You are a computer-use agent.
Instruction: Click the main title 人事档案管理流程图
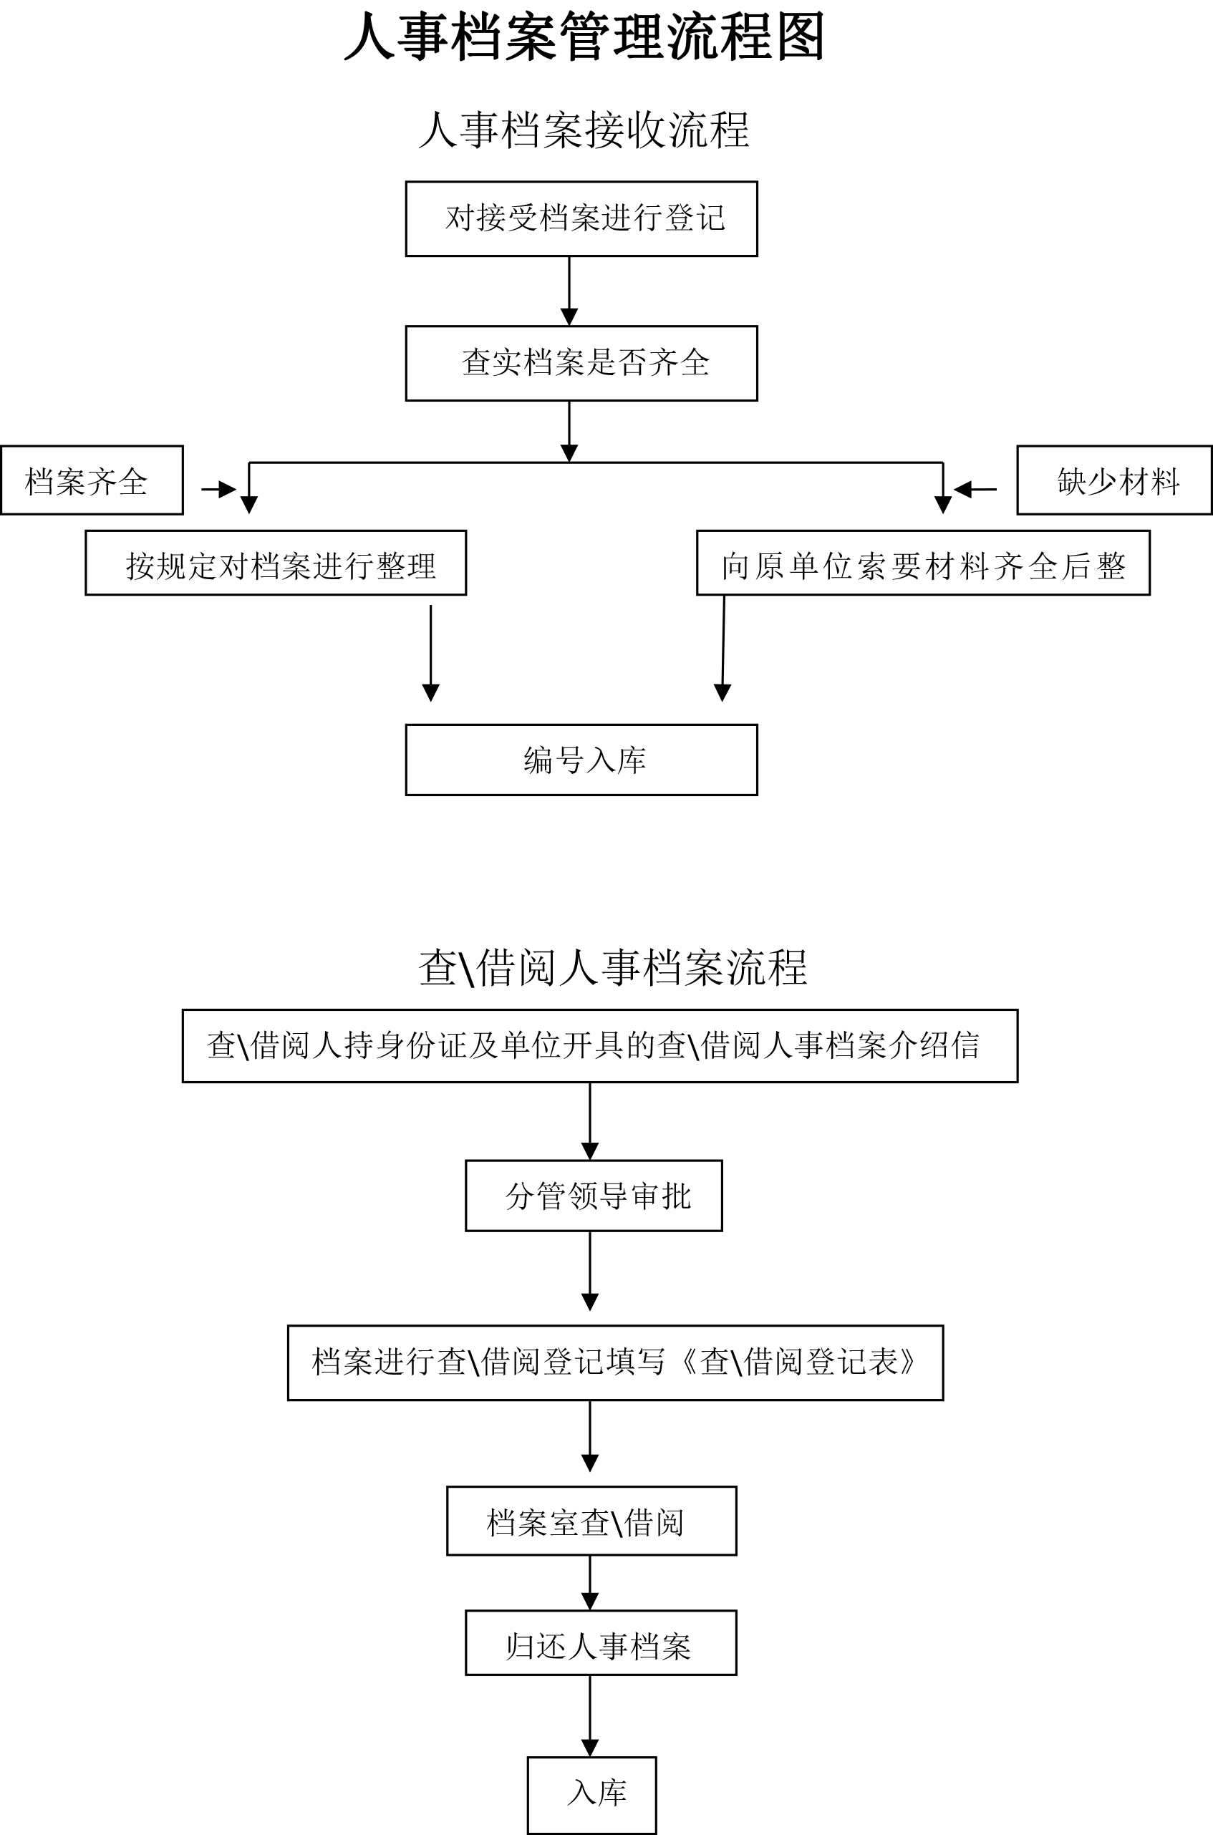pyautogui.click(x=585, y=37)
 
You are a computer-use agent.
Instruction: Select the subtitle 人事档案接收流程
pyautogui.click(x=584, y=129)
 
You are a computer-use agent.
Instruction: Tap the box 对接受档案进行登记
pyautogui.click(x=581, y=219)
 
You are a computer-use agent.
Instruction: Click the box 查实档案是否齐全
pyautogui.click(x=581, y=364)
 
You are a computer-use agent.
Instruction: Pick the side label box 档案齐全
pyautogui.click(x=92, y=480)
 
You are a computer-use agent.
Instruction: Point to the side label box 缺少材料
pyautogui.click(x=1115, y=480)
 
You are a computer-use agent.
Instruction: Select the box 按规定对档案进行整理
pyautogui.click(x=276, y=563)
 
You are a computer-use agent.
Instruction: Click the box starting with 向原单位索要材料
pyautogui.click(x=924, y=563)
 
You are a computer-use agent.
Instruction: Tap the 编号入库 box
pyautogui.click(x=581, y=760)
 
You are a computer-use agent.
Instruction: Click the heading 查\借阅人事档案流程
pyautogui.click(x=614, y=967)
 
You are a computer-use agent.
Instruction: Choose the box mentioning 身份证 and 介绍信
pyautogui.click(x=600, y=1046)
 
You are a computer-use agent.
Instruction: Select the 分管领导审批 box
pyautogui.click(x=594, y=1196)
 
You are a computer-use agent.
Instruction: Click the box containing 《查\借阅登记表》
pyautogui.click(x=616, y=1363)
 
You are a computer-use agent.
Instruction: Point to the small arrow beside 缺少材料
pyautogui.click(x=975, y=489)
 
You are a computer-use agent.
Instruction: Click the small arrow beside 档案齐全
pyautogui.click(x=219, y=489)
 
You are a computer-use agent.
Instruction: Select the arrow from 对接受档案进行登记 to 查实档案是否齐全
pyautogui.click(x=569, y=291)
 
